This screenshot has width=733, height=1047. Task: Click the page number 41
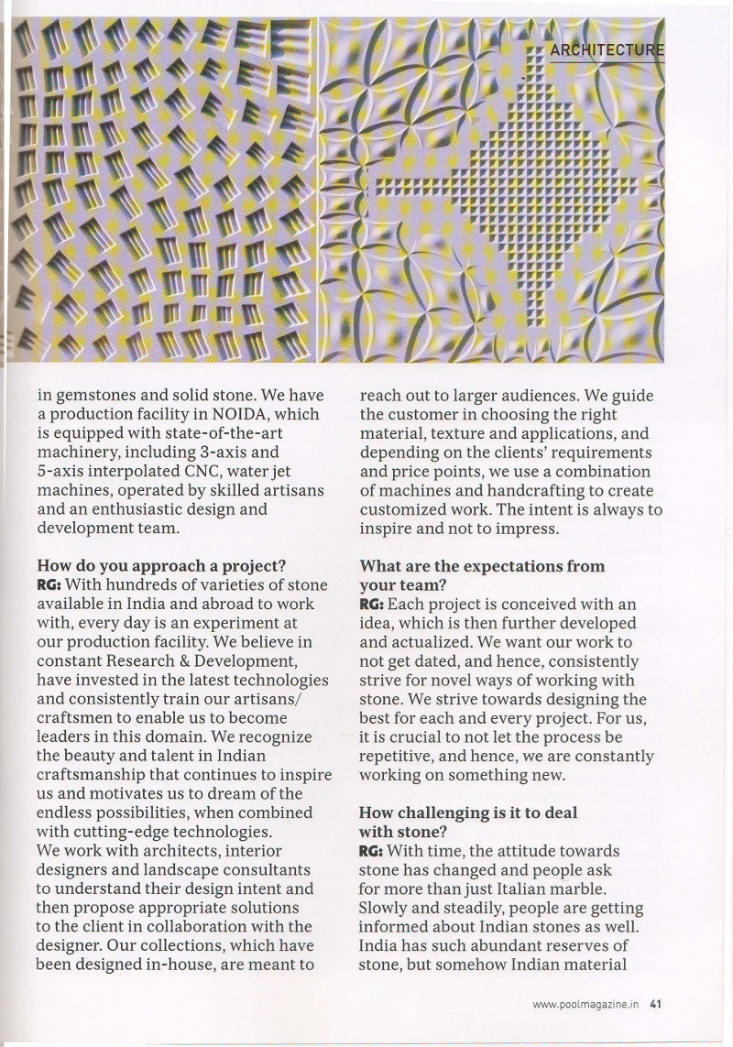coord(655,1003)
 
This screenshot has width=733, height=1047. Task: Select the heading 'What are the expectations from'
coord(482,566)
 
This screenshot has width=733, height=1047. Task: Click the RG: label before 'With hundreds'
coord(49,584)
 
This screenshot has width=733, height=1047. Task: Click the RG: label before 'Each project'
coord(372,605)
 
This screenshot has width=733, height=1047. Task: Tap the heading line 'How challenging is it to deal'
coord(468,813)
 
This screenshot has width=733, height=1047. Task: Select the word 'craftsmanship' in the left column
coord(93,775)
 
